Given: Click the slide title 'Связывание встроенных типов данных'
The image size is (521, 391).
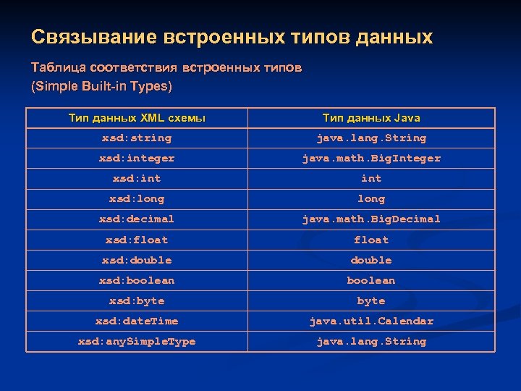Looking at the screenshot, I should [x=232, y=37].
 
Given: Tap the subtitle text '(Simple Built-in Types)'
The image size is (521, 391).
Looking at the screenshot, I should [x=101, y=87].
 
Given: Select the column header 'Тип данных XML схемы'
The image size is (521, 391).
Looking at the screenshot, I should [x=137, y=117].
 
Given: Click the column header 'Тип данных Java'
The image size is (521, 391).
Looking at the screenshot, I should [x=371, y=117].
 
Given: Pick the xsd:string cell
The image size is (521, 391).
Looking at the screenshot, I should [x=137, y=138].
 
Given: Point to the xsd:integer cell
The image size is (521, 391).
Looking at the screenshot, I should [x=137, y=158].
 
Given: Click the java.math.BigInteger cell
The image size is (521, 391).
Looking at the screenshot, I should [x=371, y=158].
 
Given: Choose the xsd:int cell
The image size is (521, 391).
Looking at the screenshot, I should [x=137, y=178].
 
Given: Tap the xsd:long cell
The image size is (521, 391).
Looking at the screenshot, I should [x=137, y=198].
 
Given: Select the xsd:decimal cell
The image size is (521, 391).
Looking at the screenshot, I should [x=137, y=219].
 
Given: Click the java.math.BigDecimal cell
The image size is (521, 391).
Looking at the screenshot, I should [x=371, y=219].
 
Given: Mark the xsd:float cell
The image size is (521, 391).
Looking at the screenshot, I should [x=137, y=240].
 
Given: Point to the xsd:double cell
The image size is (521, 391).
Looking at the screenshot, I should [x=137, y=260].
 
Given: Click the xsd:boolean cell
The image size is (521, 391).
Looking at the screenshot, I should [x=137, y=280].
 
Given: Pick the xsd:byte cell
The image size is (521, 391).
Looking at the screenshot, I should [x=137, y=300].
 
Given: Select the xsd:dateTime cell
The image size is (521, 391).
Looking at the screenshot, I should [x=137, y=321].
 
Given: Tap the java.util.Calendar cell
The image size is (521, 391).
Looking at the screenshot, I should [x=371, y=321].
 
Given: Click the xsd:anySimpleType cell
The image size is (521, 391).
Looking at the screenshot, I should [x=137, y=341].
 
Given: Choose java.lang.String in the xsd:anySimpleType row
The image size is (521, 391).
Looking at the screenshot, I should [x=371, y=341].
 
